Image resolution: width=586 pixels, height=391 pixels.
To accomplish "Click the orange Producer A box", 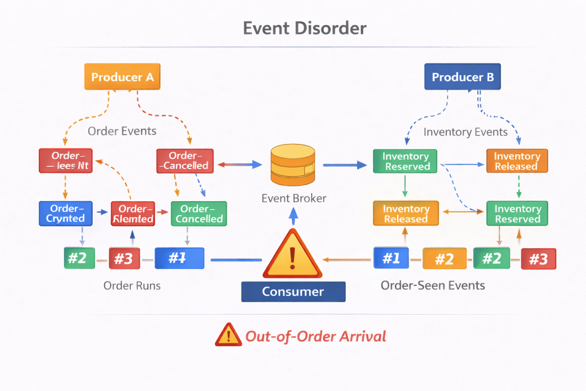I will pos(122,77).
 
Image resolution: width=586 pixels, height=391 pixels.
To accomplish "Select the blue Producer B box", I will pos(462,77).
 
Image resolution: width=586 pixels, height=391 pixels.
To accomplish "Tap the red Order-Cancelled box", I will pos(185,161).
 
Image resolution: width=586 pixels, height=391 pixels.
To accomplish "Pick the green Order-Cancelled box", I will pos(199,213).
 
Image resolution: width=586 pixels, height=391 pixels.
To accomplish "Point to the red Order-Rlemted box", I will pos(133,213).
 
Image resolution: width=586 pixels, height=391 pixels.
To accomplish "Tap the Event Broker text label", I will pos(294,198).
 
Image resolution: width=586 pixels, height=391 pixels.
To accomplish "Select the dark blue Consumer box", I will pos(293,291).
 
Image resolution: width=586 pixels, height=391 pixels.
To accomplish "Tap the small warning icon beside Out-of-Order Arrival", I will pos(228,335).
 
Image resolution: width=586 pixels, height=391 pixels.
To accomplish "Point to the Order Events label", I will pos(122,131).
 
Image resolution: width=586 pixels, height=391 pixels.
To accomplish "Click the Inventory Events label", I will pos(465,132).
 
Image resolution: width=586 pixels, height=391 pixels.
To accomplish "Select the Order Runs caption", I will pos(132,285).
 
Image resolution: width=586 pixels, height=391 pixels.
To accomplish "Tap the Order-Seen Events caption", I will pos(433,285).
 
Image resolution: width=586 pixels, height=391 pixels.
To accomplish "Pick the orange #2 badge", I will pos(444,259).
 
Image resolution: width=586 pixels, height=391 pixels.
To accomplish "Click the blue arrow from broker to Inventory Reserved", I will pos(345,165).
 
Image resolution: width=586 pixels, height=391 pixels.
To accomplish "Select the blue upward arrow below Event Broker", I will pos(294,216).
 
